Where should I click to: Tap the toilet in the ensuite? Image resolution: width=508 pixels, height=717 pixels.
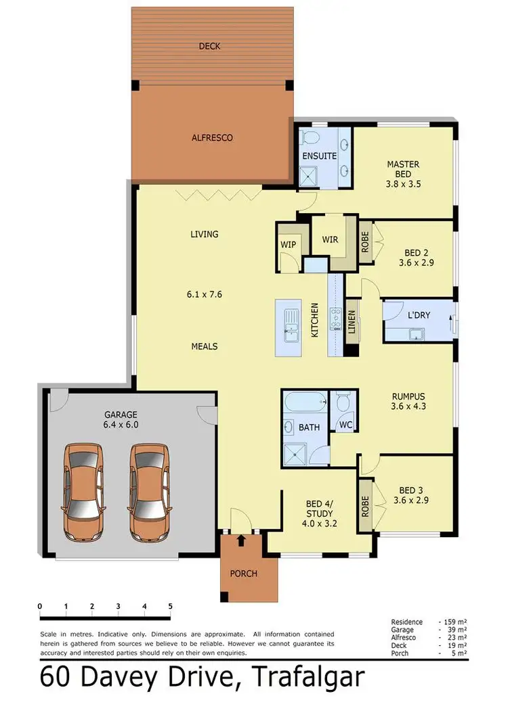310,139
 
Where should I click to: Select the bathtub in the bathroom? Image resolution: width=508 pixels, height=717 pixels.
305,404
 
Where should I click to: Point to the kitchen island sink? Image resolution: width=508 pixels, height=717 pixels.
291,323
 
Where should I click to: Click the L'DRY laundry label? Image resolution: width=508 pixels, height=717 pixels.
419,316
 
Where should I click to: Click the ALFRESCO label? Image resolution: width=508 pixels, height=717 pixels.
213,137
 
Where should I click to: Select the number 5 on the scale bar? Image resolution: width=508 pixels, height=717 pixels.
170,605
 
